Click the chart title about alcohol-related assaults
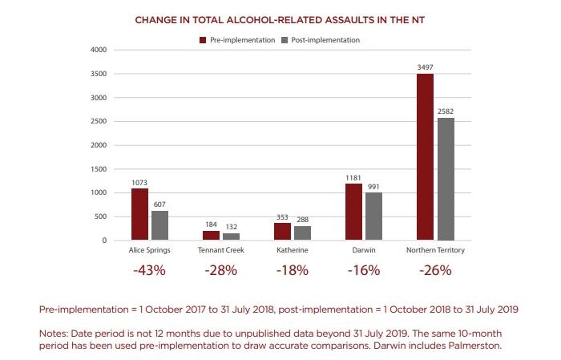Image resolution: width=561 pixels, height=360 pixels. click(280, 19)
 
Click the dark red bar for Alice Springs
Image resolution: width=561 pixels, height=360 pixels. click(140, 214)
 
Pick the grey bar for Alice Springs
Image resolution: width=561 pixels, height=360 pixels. click(160, 225)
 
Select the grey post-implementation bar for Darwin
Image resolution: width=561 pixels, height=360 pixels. click(374, 216)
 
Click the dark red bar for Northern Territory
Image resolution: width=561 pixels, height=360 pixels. click(425, 157)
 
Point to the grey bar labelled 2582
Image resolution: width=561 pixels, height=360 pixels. click(445, 179)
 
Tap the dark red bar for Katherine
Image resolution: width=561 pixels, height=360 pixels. click(283, 232)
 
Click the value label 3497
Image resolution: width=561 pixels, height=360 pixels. click(425, 67)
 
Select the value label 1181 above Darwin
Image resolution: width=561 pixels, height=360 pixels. click(354, 177)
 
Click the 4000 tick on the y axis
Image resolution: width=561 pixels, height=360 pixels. click(99, 50)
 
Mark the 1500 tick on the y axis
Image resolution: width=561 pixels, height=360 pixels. click(99, 169)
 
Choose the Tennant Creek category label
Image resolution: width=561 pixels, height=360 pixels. click(221, 251)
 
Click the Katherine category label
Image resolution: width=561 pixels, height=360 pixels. click(293, 251)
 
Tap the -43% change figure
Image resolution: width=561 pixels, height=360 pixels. click(150, 270)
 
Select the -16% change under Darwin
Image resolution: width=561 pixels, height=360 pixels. click(364, 270)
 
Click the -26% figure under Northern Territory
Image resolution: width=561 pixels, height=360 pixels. click(435, 270)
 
